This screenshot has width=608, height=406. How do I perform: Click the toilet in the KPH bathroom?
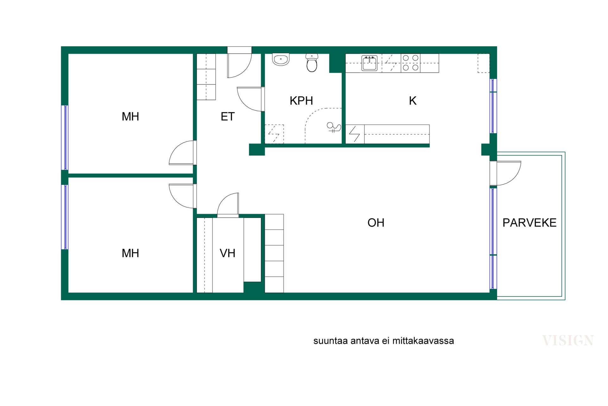pos(312,63)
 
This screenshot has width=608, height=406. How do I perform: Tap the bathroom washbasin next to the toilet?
pos(281,59)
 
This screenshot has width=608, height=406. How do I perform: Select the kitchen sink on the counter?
pos(370,63)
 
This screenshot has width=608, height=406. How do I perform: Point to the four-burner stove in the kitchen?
pos(411,63)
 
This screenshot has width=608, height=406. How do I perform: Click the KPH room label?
pos(301,101)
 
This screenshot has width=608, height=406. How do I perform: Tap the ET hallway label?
pos(228,117)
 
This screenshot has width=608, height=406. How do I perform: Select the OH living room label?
pos(376,223)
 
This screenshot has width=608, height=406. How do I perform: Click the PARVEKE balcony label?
pos(529,223)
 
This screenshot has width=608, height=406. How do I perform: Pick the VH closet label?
pos(227,253)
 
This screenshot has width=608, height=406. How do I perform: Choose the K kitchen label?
pos(413,101)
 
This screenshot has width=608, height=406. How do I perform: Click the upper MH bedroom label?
pos(130,117)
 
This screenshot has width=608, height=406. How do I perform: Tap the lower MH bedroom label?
pos(130,253)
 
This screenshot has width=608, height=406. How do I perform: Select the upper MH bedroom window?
pos(65,138)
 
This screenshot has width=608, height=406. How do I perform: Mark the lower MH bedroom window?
pos(65,217)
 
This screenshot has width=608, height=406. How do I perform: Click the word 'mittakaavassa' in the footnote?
pos(423,341)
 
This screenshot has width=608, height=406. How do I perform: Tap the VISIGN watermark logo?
pos(568,340)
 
